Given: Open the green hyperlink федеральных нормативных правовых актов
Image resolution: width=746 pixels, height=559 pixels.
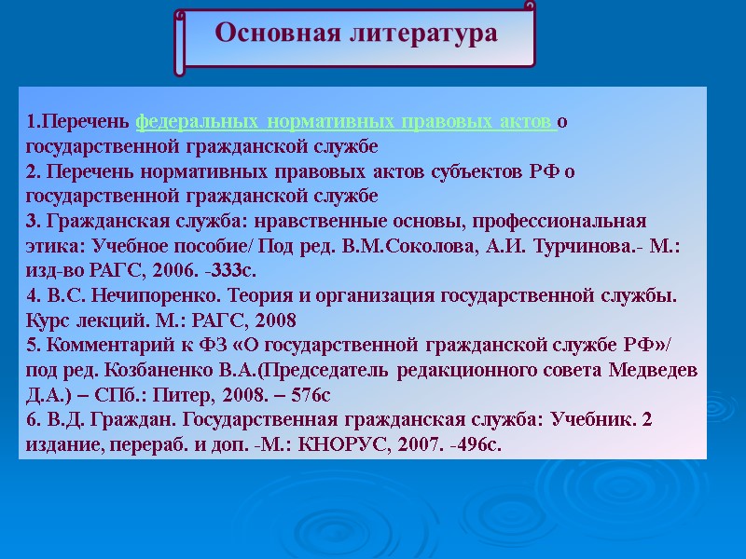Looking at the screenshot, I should (x=346, y=122).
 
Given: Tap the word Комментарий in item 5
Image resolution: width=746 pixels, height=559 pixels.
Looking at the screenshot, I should (x=104, y=346).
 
